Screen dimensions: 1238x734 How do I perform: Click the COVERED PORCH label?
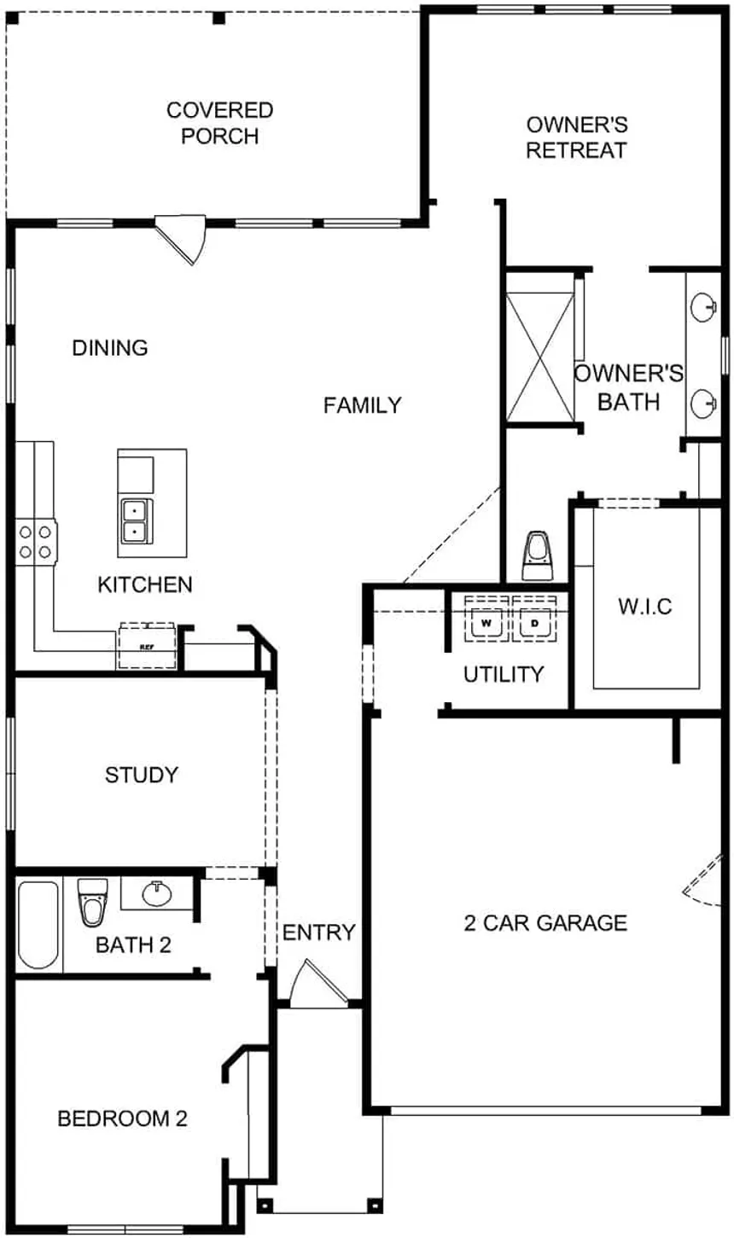pyautogui.click(x=219, y=123)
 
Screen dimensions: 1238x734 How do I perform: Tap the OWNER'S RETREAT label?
pyautogui.click(x=576, y=137)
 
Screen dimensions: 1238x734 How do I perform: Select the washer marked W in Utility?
pyautogui.click(x=486, y=623)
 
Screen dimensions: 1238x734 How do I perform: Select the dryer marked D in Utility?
pyautogui.click(x=535, y=623)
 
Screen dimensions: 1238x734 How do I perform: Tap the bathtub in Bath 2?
pyautogui.click(x=38, y=925)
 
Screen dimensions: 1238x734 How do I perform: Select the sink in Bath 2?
pyautogui.click(x=157, y=894)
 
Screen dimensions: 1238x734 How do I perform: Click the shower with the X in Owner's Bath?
pyautogui.click(x=539, y=356)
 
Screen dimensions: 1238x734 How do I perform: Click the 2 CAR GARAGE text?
pyautogui.click(x=545, y=922)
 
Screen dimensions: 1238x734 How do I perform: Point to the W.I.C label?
pyautogui.click(x=644, y=607)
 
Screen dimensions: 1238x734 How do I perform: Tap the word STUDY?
pyautogui.click(x=142, y=775)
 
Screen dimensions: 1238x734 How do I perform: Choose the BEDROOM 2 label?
pyautogui.click(x=122, y=1119)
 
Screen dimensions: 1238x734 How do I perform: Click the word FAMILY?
pyautogui.click(x=362, y=405)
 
